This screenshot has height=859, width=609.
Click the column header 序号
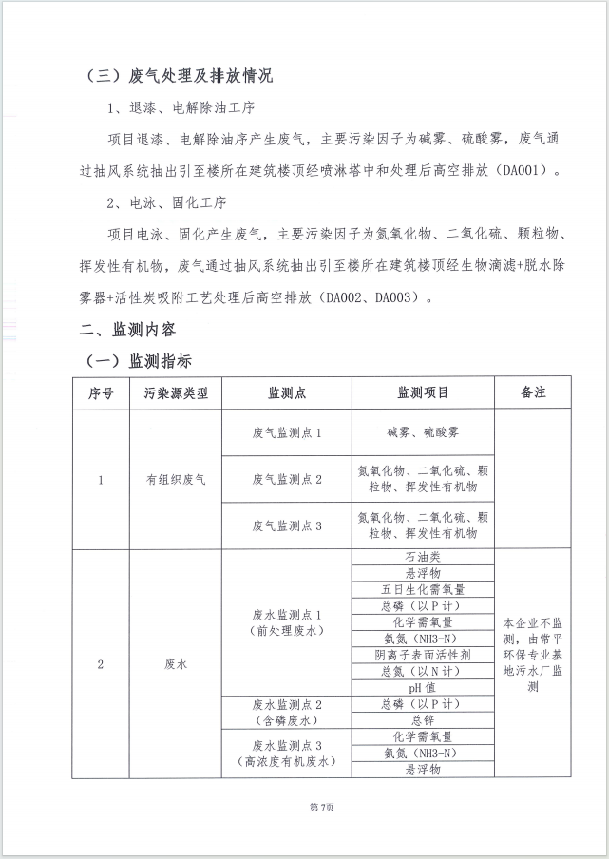click(101, 392)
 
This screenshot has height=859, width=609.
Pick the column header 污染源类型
click(175, 392)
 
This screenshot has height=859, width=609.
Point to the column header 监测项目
click(423, 392)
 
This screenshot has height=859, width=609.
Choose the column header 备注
click(533, 392)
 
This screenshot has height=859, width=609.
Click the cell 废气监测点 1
click(287, 432)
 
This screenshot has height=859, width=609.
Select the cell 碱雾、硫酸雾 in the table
click(423, 432)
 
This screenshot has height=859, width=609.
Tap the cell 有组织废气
click(175, 479)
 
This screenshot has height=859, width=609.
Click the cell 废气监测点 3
click(287, 525)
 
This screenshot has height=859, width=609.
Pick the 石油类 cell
click(423, 557)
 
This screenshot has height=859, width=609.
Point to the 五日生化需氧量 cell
click(423, 589)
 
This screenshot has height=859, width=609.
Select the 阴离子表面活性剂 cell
click(423, 655)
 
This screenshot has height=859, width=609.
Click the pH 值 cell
click(423, 687)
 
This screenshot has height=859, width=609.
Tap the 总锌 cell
click(423, 720)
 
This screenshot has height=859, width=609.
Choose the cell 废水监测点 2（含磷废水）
click(287, 712)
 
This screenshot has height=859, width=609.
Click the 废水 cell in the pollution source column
click(175, 664)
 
